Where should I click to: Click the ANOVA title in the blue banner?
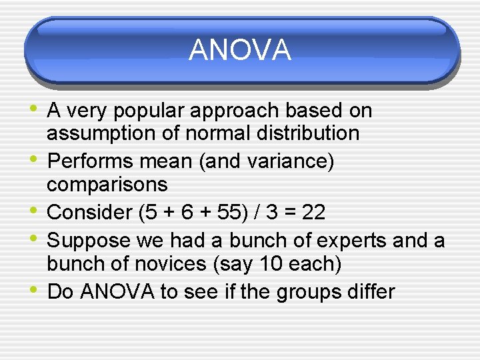coord(240,51)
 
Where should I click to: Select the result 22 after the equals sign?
coord(313,213)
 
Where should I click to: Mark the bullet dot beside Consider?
coord(36,211)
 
